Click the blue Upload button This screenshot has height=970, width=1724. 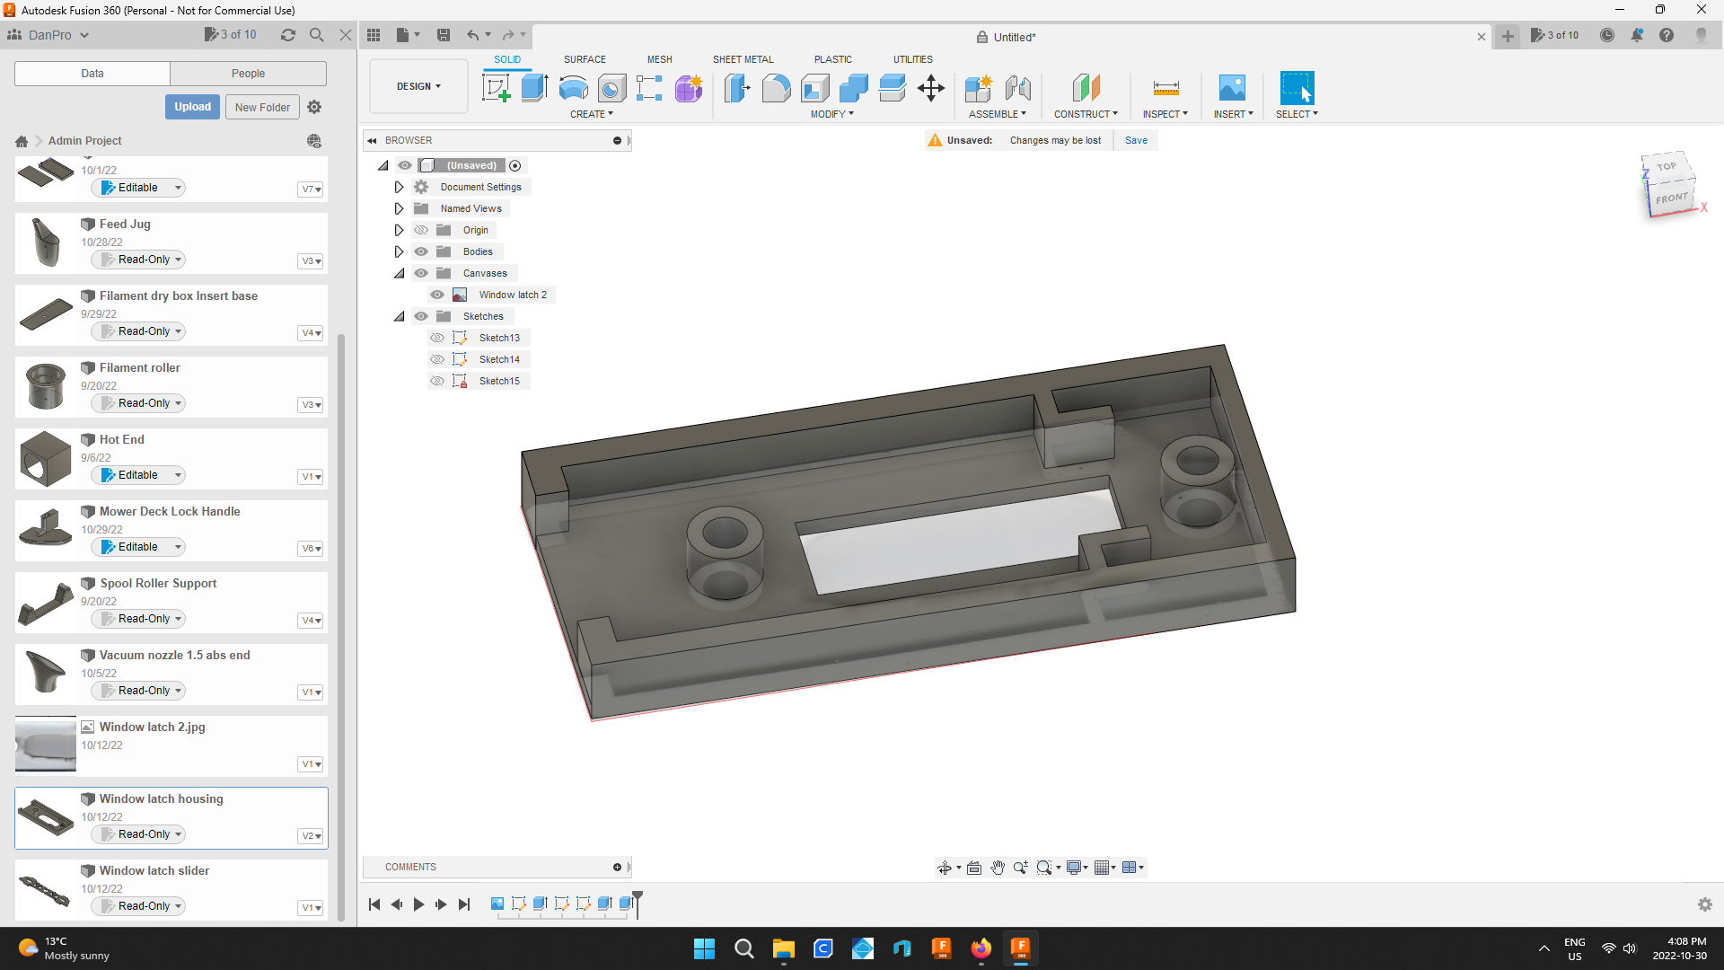pyautogui.click(x=192, y=107)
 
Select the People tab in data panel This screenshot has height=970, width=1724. pyautogui.click(x=248, y=74)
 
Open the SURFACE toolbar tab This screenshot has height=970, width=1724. pyautogui.click(x=585, y=59)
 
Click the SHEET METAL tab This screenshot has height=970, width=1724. pyautogui.click(x=743, y=59)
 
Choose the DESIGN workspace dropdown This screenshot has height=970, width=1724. pyautogui.click(x=418, y=86)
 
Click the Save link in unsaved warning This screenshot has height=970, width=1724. pyautogui.click(x=1136, y=140)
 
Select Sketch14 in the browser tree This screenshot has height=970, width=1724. pyautogui.click(x=499, y=359)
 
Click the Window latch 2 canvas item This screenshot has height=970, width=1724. pyautogui.click(x=512, y=295)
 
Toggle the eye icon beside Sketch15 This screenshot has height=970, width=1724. pyautogui.click(x=437, y=381)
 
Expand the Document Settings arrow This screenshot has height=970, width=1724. pyautogui.click(x=400, y=187)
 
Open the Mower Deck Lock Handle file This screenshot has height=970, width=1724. pyautogui.click(x=170, y=511)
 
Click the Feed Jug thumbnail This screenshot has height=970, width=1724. pyautogui.click(x=46, y=242)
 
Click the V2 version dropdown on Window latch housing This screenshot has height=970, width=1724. pyautogui.click(x=311, y=836)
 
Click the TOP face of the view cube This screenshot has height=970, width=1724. pyautogui.click(x=1667, y=166)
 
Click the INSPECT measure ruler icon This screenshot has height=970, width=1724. pyautogui.click(x=1165, y=88)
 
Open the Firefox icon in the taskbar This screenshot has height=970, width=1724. pyautogui.click(x=981, y=948)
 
